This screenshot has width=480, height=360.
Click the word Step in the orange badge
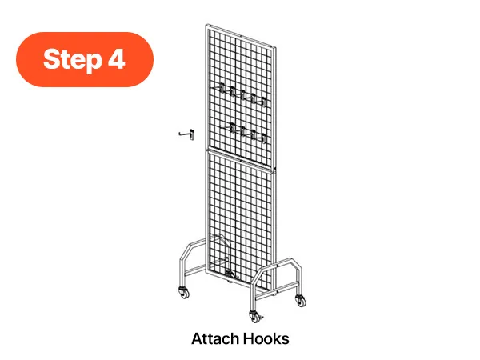coord(73,59)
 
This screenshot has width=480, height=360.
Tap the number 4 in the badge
coord(116,58)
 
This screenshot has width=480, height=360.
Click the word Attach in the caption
coord(215,339)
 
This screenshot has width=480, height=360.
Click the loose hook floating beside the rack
coord(186,134)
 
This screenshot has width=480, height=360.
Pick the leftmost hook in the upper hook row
coord(222,87)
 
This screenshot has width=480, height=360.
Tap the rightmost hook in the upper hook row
coord(262,102)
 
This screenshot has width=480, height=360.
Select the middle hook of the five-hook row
coord(242,94)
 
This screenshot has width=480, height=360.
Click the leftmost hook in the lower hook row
coord(231,128)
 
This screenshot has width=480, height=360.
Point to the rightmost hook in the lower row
coord(262,138)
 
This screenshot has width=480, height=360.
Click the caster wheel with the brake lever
coord(255,317)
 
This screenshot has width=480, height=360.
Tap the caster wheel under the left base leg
coord(184,293)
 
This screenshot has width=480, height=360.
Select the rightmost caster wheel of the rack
coord(301,301)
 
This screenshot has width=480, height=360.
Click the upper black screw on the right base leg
coord(277,266)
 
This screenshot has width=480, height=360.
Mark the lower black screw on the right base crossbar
coord(278,292)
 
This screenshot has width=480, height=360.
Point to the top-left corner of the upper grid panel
coord(206,25)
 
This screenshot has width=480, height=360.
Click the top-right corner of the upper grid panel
coord(276,47)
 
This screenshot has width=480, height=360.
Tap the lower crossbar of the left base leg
coord(194,270)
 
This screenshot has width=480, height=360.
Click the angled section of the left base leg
coord(186,250)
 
